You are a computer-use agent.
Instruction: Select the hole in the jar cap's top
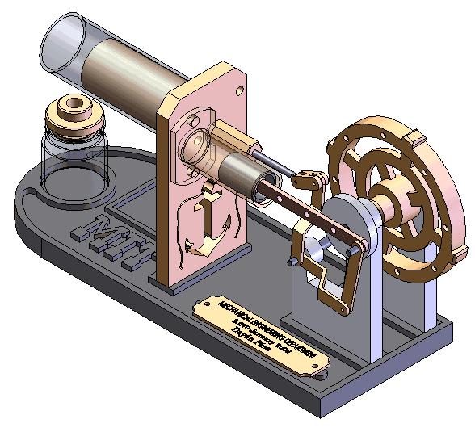(x=75, y=104)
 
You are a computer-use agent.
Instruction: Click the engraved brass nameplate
(x=263, y=332)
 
